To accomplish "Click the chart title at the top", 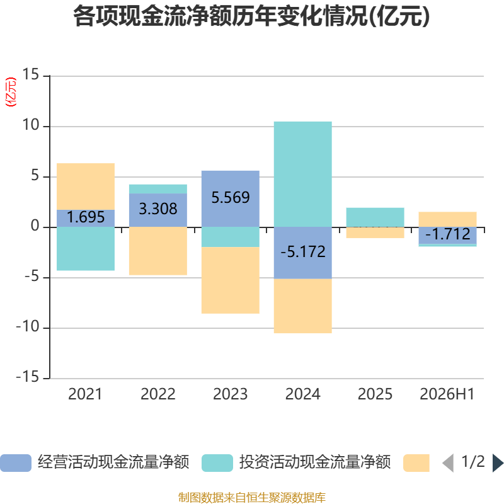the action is point(251,16).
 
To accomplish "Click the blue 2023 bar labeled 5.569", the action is point(231,199).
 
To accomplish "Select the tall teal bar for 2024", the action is point(303,175).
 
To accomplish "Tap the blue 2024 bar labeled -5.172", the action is point(303,253).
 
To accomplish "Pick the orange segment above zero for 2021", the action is point(86,186).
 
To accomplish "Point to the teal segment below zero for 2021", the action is point(86,249).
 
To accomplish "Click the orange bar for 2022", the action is point(158,251).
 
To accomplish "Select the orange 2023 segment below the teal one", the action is point(231,280).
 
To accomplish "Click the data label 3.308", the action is point(158,209).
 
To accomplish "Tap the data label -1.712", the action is point(448,234).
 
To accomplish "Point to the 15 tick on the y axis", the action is point(30,74).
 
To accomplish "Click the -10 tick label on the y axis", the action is point(28,327).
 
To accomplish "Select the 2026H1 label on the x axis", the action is point(447,394).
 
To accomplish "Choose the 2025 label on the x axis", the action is point(375,394).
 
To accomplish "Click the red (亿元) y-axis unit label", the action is point(11,92).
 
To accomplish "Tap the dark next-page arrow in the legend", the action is point(498,463).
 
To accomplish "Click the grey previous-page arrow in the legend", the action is point(449,463).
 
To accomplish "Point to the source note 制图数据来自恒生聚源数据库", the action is point(252,498).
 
